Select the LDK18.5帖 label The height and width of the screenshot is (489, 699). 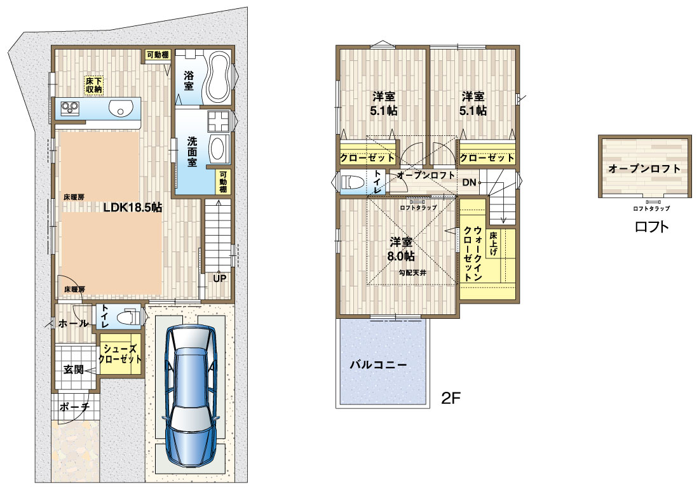(x=133, y=207)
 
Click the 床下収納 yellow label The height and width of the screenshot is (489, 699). (x=94, y=85)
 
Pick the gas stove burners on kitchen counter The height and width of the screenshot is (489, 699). (x=70, y=108)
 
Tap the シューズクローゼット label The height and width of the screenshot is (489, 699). (x=120, y=354)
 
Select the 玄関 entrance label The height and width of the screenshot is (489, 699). (x=73, y=369)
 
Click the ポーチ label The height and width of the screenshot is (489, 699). (x=74, y=406)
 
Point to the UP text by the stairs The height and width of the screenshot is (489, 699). (x=219, y=279)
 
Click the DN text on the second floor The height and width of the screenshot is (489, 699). (x=469, y=182)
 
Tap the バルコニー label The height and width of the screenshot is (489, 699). (x=378, y=365)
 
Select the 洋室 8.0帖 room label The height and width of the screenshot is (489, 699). (x=401, y=250)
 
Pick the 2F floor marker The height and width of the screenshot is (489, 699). (x=451, y=398)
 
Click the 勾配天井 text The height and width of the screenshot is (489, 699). (x=412, y=272)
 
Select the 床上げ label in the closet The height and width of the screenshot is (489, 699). (x=494, y=243)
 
